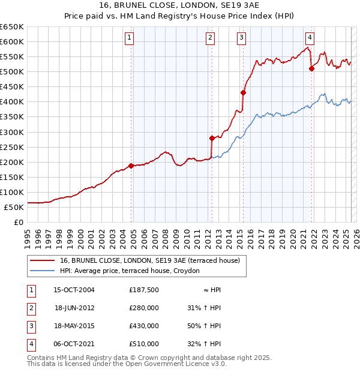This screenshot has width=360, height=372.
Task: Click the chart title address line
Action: pyautogui.click(x=179, y=7)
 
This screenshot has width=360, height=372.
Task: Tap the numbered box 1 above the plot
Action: pyautogui.click(x=130, y=38)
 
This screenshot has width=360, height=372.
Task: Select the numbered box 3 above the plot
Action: pyautogui.click(x=241, y=38)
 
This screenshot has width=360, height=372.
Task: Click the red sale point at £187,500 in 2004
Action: pyautogui.click(x=131, y=166)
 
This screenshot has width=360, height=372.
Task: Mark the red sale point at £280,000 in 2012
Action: pyautogui.click(x=212, y=138)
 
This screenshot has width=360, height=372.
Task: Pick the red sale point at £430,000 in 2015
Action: pyautogui.click(x=243, y=92)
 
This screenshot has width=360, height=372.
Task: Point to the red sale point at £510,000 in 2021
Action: pyautogui.click(x=311, y=68)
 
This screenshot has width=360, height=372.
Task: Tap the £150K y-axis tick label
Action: pyautogui.click(x=12, y=177)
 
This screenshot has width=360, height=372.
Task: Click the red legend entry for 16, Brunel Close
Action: pyautogui.click(x=149, y=261)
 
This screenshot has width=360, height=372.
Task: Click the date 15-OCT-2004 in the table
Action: pyautogui.click(x=74, y=290)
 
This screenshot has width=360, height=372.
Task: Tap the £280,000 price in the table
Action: pyautogui.click(x=144, y=308)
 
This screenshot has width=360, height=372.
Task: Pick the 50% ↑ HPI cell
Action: pyautogui.click(x=204, y=326)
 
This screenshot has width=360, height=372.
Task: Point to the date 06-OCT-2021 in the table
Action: pyautogui.click(x=74, y=344)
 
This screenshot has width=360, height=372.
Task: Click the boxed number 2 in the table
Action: pyautogui.click(x=31, y=308)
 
